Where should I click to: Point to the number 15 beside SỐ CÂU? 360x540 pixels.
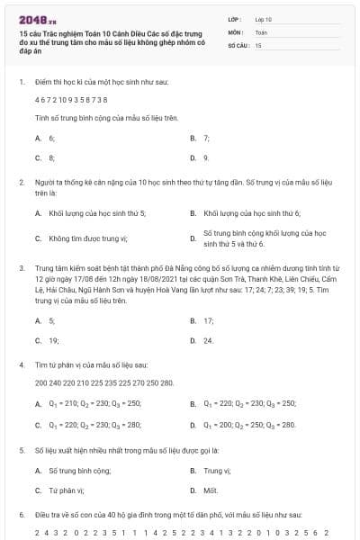258,44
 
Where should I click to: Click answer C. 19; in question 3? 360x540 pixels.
47,341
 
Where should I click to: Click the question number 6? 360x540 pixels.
21,514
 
